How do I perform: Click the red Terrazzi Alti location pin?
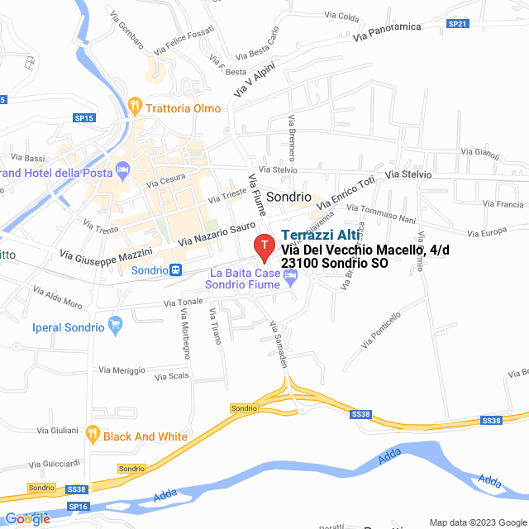pyautogui.click(x=264, y=246)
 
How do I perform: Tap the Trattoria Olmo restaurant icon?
pyautogui.click(x=135, y=107)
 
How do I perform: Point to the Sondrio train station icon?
pyautogui.click(x=175, y=269)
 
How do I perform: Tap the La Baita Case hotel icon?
pyautogui.click(x=289, y=279)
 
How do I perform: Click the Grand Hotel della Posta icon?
pyautogui.click(x=123, y=171)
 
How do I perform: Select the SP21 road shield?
pyautogui.click(x=458, y=24)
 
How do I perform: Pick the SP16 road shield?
pyautogui.click(x=78, y=506)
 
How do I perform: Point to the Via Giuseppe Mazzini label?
pyautogui.click(x=107, y=255)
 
